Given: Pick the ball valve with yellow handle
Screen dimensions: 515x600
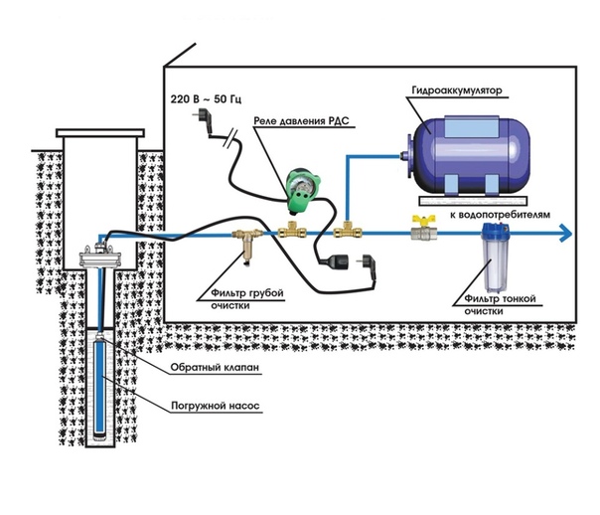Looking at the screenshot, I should click(x=421, y=232).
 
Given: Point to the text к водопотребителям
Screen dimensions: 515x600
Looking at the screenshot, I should click(x=495, y=213).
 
